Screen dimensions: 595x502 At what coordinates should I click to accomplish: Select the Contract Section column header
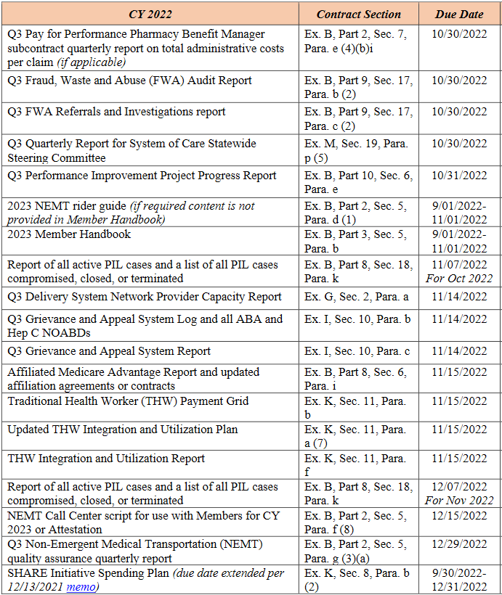coord(358,14)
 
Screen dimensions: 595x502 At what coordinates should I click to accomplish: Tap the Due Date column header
coord(459,14)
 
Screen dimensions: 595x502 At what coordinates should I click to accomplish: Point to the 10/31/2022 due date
coord(461,176)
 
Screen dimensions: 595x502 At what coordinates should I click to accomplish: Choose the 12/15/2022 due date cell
coord(461,515)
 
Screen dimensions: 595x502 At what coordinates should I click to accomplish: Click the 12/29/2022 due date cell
coord(461,544)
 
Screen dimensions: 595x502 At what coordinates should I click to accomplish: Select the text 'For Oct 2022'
coord(461,279)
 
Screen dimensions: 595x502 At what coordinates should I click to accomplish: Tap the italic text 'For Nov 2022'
coord(461,501)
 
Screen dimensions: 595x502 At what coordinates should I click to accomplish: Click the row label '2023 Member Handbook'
coord(69,234)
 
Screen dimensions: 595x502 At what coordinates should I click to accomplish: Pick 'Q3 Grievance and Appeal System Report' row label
coord(109,351)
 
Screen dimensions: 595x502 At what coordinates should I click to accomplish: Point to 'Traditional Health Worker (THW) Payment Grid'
coord(128,401)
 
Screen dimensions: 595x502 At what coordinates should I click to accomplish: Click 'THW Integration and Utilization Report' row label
coord(106,459)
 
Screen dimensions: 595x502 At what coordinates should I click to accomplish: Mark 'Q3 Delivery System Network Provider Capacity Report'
coord(145,296)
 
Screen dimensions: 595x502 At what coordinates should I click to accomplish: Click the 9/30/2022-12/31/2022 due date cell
coord(461,580)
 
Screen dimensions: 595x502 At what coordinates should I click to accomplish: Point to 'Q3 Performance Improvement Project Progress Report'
coord(142,176)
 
